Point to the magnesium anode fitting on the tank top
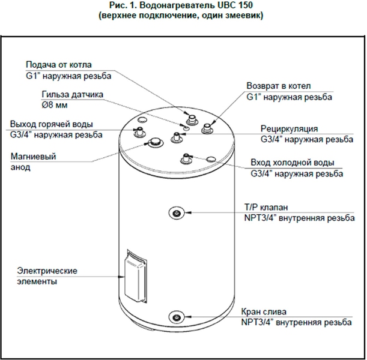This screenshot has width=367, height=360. [156, 142]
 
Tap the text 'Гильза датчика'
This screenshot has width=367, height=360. [73, 94]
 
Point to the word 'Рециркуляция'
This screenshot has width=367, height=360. [289, 128]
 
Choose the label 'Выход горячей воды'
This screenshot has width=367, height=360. [50, 124]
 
